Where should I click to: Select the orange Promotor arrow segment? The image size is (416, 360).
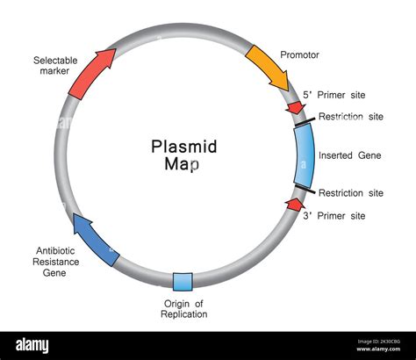point(268,67)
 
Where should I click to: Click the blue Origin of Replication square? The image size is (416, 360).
point(183,282)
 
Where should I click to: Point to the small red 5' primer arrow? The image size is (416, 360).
point(294,108)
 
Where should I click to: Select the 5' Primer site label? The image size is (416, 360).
point(334,95)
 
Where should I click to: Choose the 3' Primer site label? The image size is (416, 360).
point(334,215)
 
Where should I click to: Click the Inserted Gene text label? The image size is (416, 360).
point(350,155)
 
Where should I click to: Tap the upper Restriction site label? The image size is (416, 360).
point(351,117)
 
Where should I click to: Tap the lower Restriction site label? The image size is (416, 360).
point(351,193)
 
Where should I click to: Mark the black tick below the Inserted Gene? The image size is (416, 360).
point(302,188)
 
